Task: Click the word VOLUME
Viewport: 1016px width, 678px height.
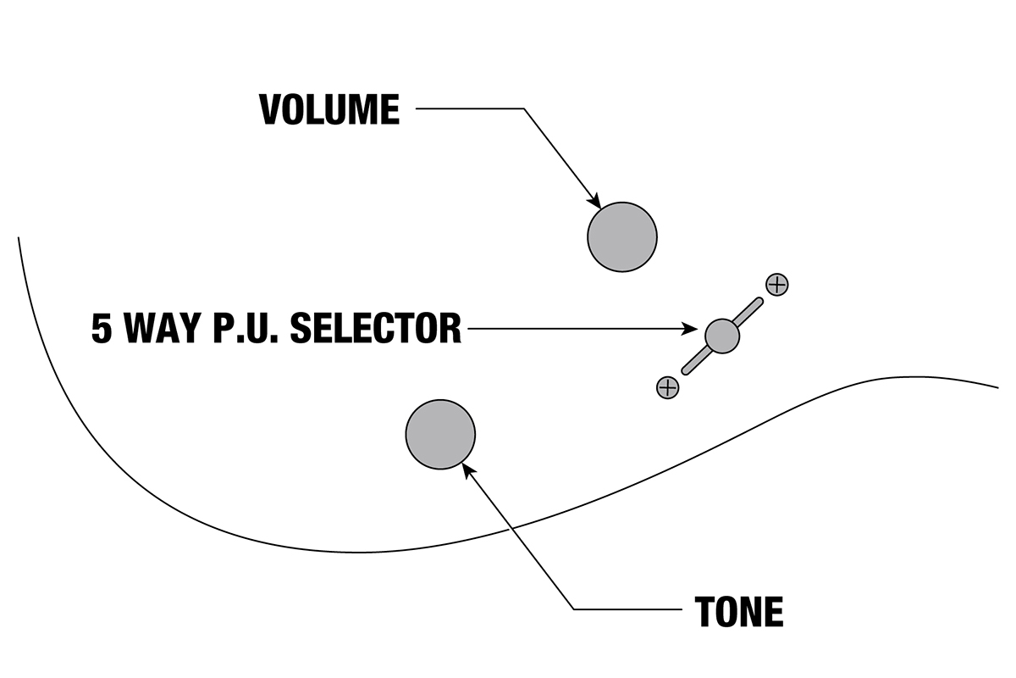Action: pos(329,109)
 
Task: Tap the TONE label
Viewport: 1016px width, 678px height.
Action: pos(738,611)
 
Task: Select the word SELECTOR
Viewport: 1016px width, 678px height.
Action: pos(375,328)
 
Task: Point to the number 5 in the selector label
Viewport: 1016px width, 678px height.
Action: pos(102,329)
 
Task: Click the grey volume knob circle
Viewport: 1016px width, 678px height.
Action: pos(622,237)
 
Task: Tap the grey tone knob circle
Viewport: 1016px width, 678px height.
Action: pos(440,434)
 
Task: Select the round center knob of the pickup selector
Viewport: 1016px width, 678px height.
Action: pos(722,336)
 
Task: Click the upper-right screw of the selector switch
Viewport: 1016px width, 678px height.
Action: pos(776,285)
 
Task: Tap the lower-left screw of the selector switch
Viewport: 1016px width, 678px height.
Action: pos(668,388)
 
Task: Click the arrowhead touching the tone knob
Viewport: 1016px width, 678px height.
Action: pos(467,469)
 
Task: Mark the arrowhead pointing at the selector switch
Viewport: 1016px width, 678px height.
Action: pos(696,329)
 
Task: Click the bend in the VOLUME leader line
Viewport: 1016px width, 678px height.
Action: pos(524,109)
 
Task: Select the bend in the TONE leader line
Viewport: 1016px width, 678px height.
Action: pos(573,609)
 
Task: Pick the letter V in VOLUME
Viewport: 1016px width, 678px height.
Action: pos(271,109)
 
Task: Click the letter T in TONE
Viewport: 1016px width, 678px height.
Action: pos(707,611)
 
